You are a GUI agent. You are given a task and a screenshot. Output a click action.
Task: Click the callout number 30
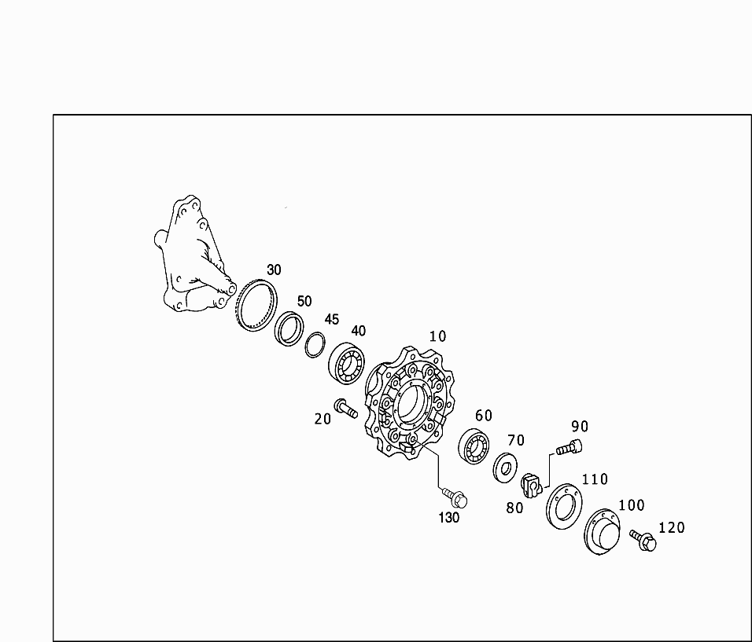click(274, 270)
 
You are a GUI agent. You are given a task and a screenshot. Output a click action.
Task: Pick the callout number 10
click(437, 336)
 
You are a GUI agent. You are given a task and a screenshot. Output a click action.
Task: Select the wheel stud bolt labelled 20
click(346, 408)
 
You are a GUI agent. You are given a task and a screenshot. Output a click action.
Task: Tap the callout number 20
click(323, 419)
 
